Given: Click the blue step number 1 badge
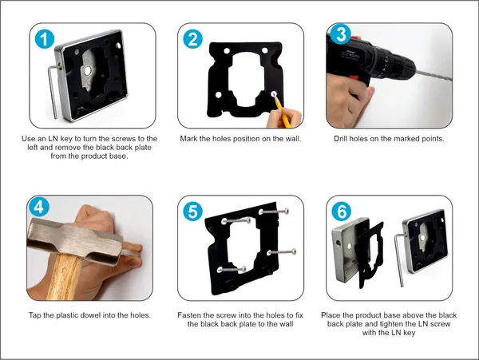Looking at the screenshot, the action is (x=45, y=39).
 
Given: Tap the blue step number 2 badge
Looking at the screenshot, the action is (x=192, y=39).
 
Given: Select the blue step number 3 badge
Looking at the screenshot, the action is (x=341, y=34).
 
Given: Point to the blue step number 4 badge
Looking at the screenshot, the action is (x=39, y=207).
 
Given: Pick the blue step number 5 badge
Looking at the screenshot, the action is (x=192, y=212).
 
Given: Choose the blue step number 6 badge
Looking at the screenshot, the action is (x=341, y=212).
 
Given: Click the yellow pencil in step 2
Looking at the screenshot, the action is (x=282, y=110).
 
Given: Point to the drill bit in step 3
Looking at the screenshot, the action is (x=433, y=76).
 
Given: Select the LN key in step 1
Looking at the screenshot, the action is (x=53, y=92).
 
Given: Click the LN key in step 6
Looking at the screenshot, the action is (x=400, y=259).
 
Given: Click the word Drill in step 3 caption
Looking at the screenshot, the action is (x=340, y=139).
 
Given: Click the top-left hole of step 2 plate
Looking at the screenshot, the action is (x=227, y=50).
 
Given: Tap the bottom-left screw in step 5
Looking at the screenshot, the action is (x=232, y=270).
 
